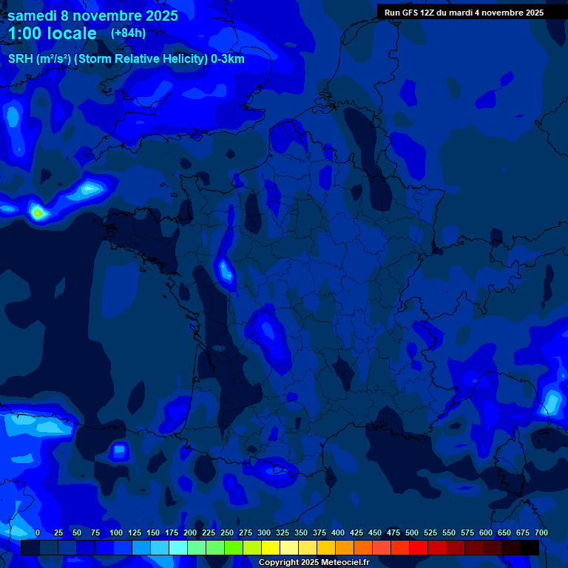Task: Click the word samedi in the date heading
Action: pyautogui.click(x=32, y=16)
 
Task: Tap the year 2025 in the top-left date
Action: pyautogui.click(x=157, y=16)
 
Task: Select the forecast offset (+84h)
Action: pyautogui.click(x=128, y=33)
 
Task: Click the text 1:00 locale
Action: pyautogui.click(x=53, y=33)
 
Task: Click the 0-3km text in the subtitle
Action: pyautogui.click(x=227, y=59)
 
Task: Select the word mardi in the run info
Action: pyautogui.click(x=467, y=13)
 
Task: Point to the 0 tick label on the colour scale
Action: pyautogui.click(x=37, y=532)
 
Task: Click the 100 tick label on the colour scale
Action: pyautogui.click(x=116, y=532)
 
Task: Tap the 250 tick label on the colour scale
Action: pyautogui.click(x=227, y=532)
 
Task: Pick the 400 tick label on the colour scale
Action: pyautogui.click(x=338, y=532)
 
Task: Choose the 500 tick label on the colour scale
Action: pyautogui.click(x=412, y=532)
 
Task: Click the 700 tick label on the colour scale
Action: pyautogui.click(x=541, y=532)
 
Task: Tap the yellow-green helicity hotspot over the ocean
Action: pyautogui.click(x=38, y=213)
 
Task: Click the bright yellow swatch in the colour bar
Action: pyautogui.click(x=271, y=547)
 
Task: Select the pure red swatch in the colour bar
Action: pyautogui.click(x=419, y=547)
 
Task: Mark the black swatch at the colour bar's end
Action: pyautogui.click(x=530, y=547)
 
